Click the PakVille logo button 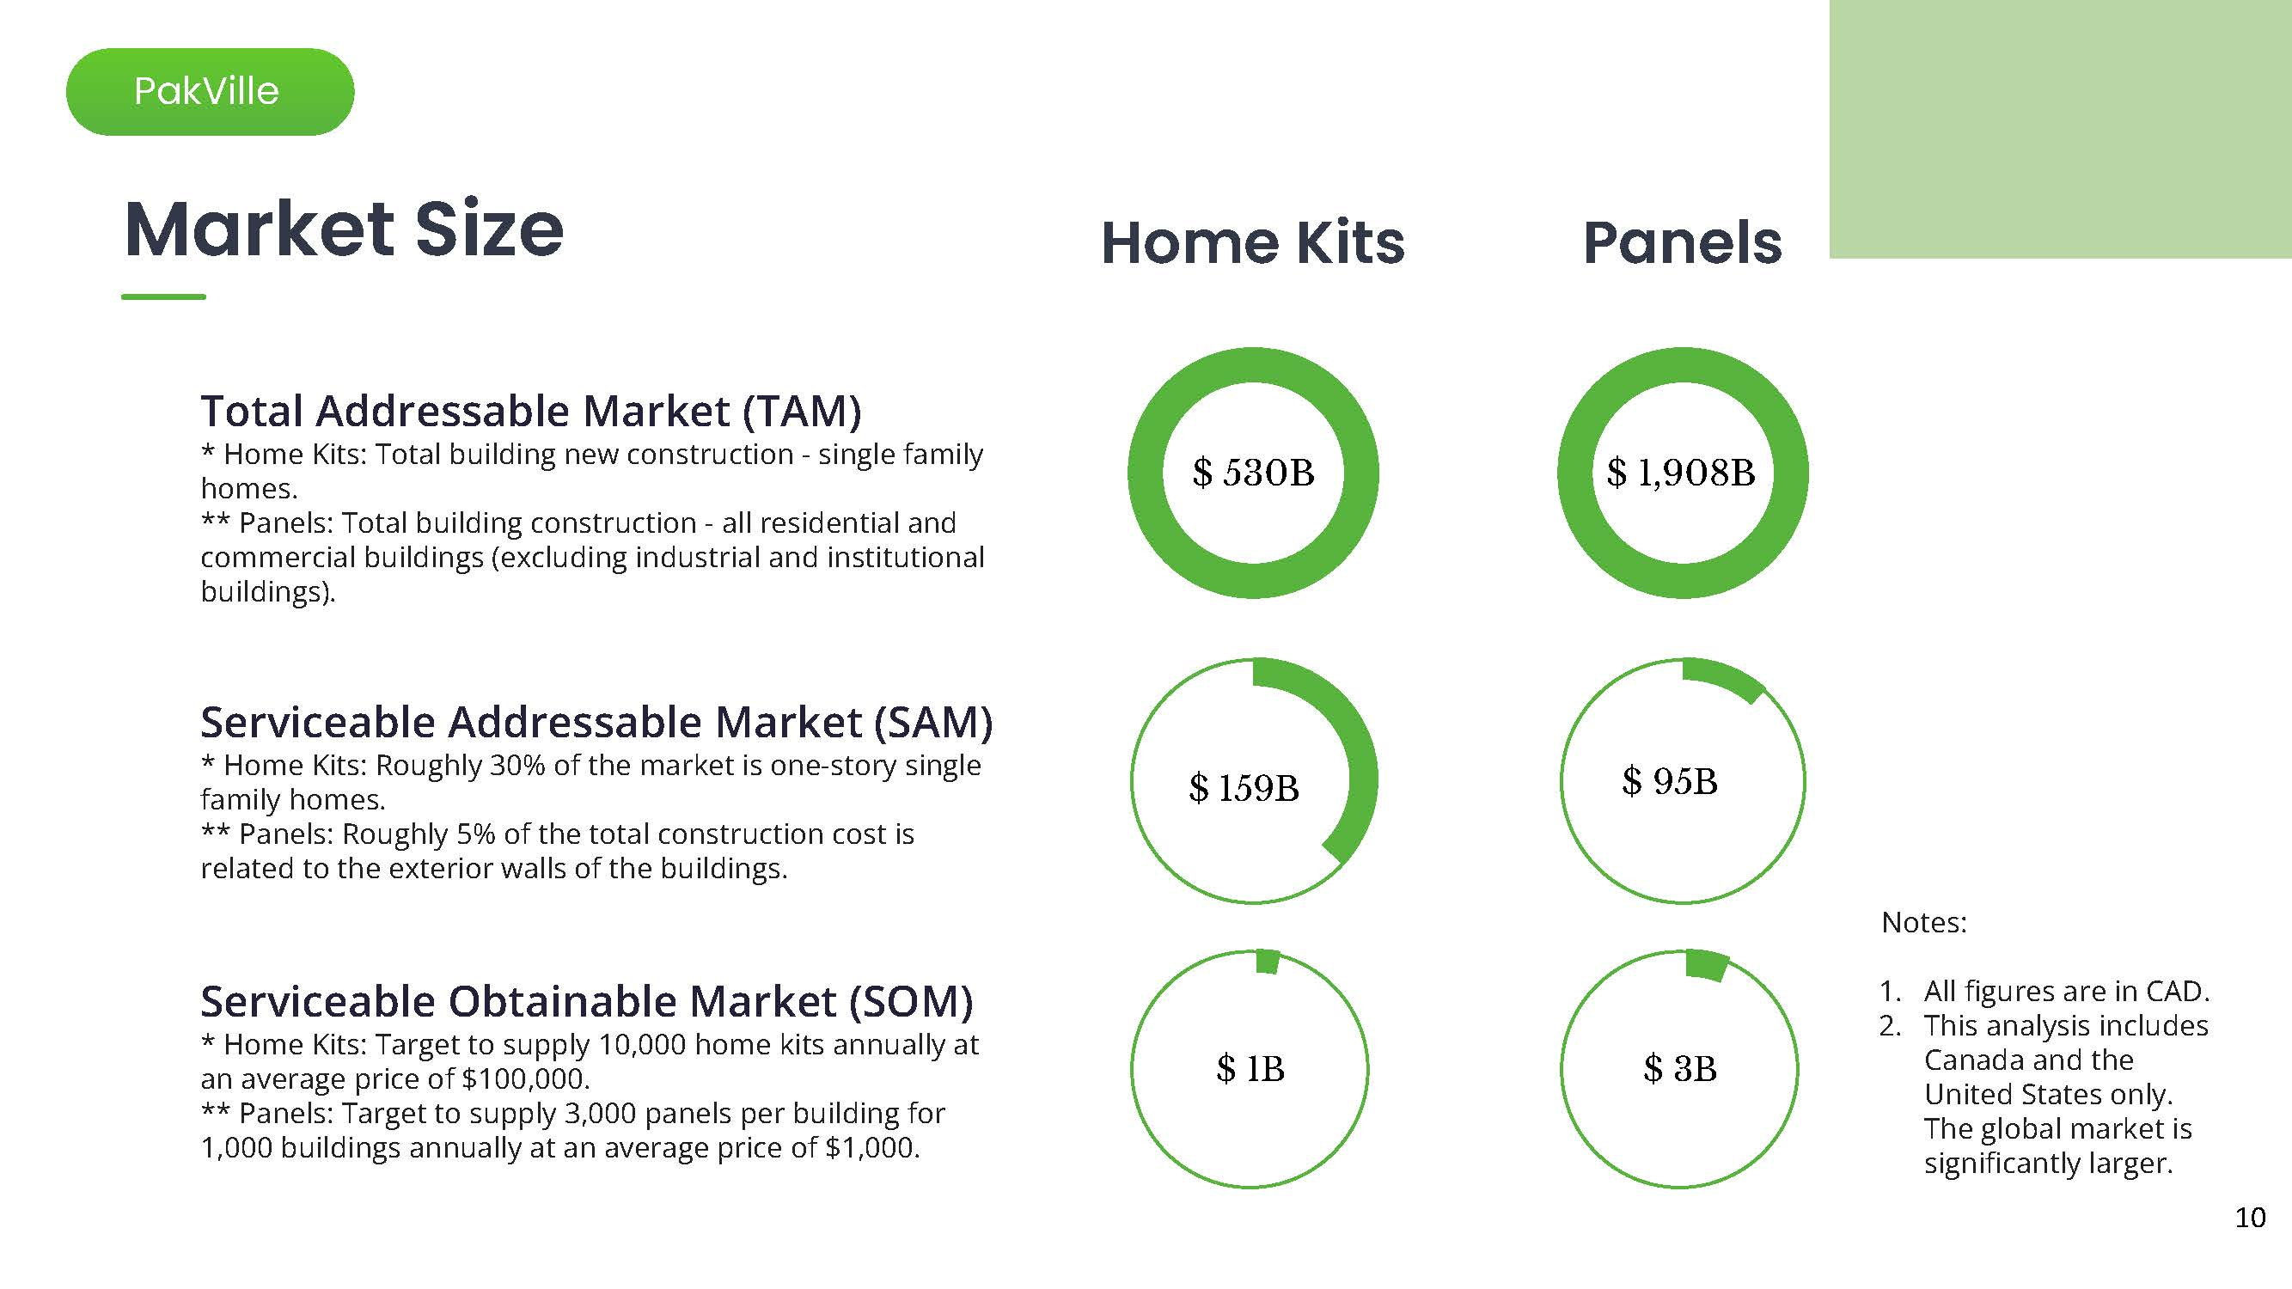[209, 92]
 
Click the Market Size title [344, 229]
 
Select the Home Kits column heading [1253, 243]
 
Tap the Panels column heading [1683, 243]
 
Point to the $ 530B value [1253, 473]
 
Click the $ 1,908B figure [1681, 473]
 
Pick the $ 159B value [1244, 788]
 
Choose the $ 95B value [1669, 781]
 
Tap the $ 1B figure [1250, 1068]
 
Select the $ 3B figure [1680, 1068]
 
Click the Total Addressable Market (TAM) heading [531, 411]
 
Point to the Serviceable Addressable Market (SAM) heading [596, 722]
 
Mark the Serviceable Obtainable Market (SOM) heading [586, 1001]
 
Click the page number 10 [2250, 1218]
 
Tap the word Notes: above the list [1923, 922]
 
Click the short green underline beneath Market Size [163, 296]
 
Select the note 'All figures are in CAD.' [2066, 991]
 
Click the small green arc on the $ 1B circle [1267, 962]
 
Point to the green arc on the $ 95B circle [1724, 680]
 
